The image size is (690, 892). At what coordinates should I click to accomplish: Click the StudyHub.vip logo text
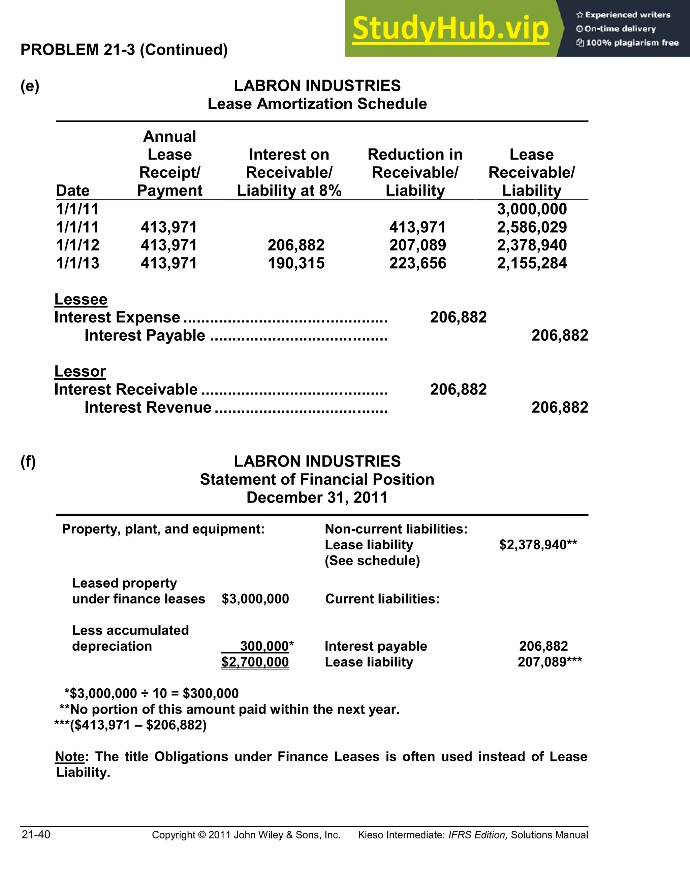(x=450, y=29)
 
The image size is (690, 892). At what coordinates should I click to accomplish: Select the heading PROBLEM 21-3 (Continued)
(x=124, y=50)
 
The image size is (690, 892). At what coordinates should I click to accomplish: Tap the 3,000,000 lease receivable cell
(x=532, y=209)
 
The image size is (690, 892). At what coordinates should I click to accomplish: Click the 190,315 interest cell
(x=296, y=263)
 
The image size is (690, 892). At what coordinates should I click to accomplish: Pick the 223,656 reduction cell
(x=417, y=263)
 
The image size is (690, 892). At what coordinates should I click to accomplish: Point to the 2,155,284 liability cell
(x=532, y=263)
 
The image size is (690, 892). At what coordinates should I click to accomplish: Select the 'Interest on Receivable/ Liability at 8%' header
(x=289, y=172)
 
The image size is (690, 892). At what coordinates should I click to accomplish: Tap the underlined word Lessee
(x=81, y=299)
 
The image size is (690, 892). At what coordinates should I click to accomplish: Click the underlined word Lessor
(x=80, y=371)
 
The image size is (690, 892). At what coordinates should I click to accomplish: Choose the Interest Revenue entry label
(x=148, y=408)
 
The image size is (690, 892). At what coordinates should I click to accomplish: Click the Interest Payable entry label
(x=145, y=335)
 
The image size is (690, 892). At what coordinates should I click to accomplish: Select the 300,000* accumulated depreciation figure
(x=265, y=647)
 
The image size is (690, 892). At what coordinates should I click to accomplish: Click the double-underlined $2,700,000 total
(x=255, y=662)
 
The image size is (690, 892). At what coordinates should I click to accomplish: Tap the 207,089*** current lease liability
(x=550, y=662)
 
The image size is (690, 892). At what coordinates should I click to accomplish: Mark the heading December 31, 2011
(x=317, y=498)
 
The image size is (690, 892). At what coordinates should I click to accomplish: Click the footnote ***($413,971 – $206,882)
(x=131, y=725)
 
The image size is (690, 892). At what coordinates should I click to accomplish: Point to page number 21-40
(x=36, y=834)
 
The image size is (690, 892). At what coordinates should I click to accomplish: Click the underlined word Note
(x=70, y=757)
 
